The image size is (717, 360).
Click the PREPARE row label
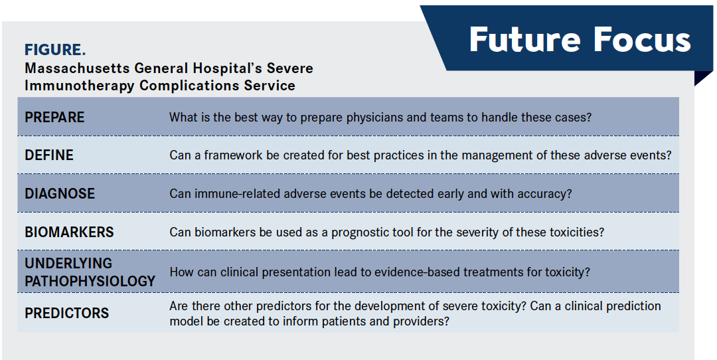(x=54, y=117)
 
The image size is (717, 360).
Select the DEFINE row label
(x=49, y=155)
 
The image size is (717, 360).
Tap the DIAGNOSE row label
(x=60, y=193)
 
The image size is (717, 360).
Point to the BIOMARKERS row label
(x=69, y=232)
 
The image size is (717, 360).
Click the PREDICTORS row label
(x=67, y=314)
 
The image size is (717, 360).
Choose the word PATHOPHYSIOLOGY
(x=90, y=282)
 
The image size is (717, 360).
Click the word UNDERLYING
(x=68, y=264)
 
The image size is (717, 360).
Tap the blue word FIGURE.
(x=55, y=49)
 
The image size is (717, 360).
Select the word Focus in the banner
(x=643, y=39)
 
